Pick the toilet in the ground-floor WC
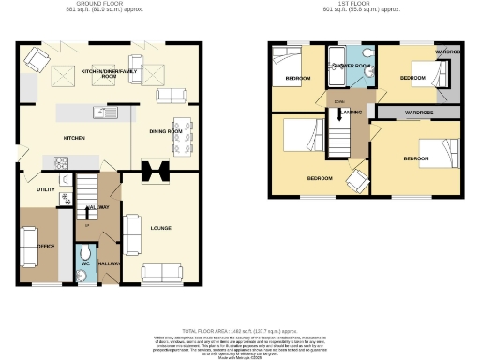tap(84, 254)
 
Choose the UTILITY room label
tap(47, 188)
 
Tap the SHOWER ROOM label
tap(352, 66)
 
